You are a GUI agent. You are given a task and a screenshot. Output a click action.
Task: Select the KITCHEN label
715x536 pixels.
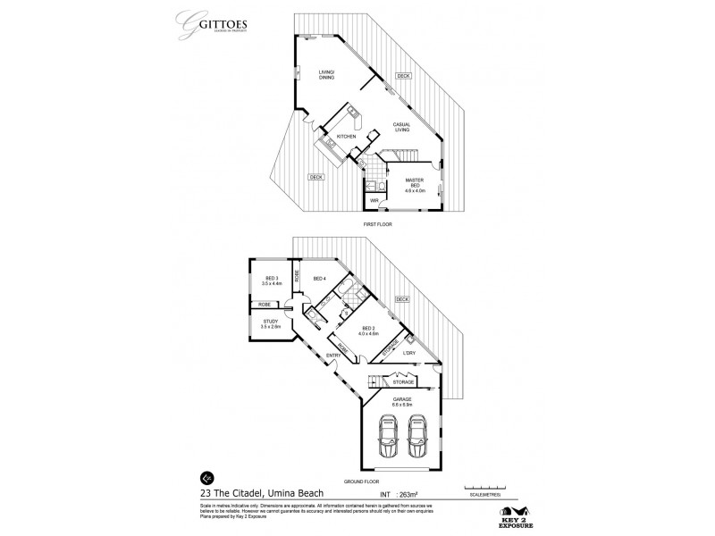(347, 136)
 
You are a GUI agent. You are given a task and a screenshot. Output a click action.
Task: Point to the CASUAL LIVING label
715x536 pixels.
(401, 127)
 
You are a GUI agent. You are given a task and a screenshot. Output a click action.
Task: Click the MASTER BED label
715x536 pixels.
(415, 184)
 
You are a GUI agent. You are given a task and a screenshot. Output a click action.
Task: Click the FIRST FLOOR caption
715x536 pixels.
(379, 224)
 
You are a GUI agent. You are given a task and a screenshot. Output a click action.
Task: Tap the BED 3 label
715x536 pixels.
(272, 281)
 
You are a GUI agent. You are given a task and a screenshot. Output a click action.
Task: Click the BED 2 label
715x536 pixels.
(368, 330)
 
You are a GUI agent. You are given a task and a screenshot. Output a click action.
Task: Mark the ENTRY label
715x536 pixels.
(332, 355)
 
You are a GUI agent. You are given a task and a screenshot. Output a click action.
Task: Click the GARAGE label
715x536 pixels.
(401, 402)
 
